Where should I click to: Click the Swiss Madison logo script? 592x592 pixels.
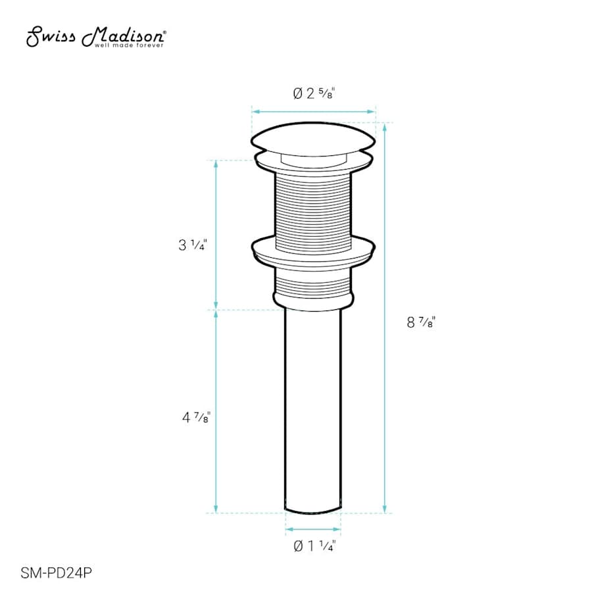[x=96, y=37]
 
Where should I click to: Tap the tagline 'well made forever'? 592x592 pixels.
[x=129, y=45]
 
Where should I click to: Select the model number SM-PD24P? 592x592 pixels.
[x=57, y=573]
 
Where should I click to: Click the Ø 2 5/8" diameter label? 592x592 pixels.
[x=314, y=93]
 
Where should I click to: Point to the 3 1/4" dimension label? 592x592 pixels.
[x=193, y=245]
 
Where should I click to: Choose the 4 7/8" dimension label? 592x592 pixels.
[x=196, y=418]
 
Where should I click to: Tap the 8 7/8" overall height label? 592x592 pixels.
[x=422, y=322]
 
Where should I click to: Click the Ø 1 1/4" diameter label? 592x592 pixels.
[x=314, y=545]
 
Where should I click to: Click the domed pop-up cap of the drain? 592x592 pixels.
[x=313, y=138]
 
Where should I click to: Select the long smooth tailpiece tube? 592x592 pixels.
[x=313, y=410]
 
